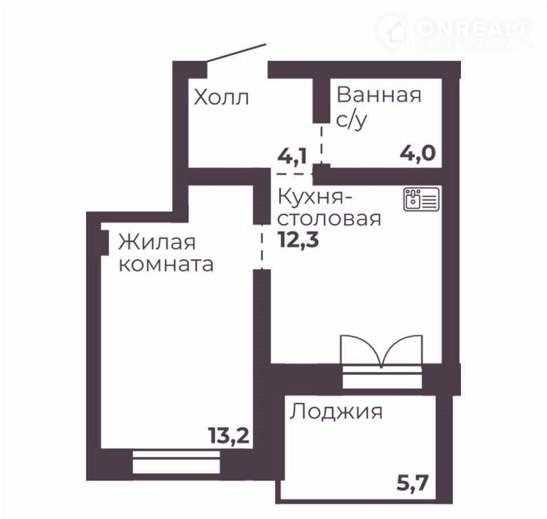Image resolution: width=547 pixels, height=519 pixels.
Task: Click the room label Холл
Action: point(221,97)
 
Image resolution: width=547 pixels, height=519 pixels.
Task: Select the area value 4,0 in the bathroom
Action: point(418,153)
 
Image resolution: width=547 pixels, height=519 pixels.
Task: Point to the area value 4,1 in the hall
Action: point(292,156)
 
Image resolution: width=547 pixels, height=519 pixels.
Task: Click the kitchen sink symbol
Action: point(422,199)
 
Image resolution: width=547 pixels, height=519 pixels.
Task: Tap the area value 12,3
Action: point(299,240)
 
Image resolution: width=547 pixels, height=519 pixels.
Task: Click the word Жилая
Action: point(157,242)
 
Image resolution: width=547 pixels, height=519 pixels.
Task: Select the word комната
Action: point(166,265)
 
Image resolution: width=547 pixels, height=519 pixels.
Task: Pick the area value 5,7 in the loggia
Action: point(413,483)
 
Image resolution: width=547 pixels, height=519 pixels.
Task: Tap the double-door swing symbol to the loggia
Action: point(382,350)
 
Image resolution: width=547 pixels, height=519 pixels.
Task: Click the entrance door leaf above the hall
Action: point(236,53)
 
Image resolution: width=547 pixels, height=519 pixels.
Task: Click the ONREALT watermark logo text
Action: point(473,29)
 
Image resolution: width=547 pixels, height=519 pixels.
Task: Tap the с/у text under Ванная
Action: point(352,120)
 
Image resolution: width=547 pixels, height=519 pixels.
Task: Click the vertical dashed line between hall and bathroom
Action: point(321,144)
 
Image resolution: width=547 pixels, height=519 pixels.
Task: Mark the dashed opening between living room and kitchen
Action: point(262,246)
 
